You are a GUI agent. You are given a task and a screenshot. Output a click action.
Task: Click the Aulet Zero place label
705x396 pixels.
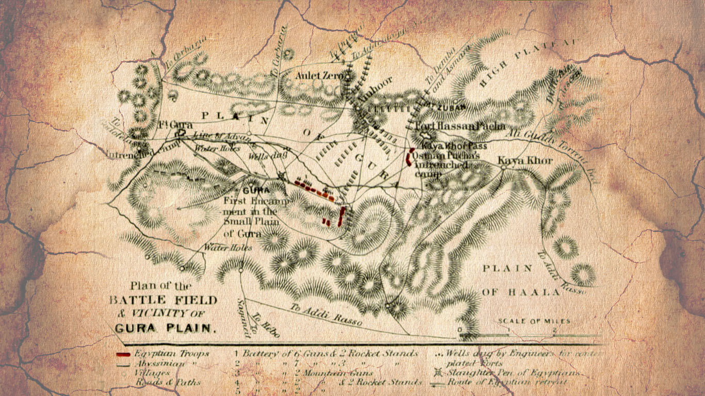319,76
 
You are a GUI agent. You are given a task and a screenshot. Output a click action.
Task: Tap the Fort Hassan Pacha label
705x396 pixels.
460,126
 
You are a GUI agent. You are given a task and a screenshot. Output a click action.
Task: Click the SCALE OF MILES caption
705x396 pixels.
534,321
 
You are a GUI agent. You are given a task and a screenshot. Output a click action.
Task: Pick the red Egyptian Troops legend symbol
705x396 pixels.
123,354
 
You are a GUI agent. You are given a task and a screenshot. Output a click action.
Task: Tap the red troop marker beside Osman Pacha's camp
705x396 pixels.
411,157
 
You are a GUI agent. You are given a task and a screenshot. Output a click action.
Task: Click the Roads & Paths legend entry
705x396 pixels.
168,382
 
